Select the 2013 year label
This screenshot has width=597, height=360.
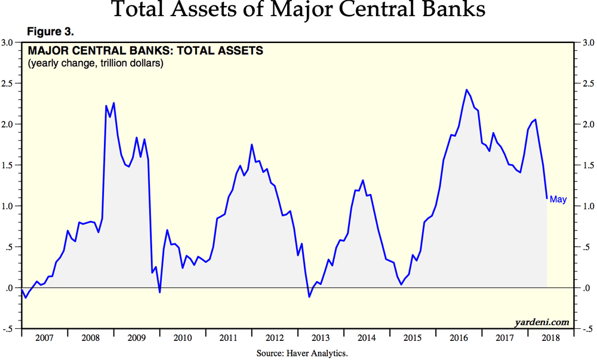321,337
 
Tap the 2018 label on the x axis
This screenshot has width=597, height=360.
550,337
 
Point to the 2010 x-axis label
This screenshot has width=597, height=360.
182,337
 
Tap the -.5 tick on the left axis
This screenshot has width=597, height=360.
8,329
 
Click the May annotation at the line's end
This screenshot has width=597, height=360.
558,199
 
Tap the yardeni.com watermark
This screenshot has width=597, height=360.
542,322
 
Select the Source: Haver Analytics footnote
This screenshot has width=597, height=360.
301,353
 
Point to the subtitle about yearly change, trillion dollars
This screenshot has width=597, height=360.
96,63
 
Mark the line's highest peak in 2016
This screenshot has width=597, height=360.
466,90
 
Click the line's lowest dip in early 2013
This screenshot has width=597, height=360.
309,297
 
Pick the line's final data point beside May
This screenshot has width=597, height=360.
547,198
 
